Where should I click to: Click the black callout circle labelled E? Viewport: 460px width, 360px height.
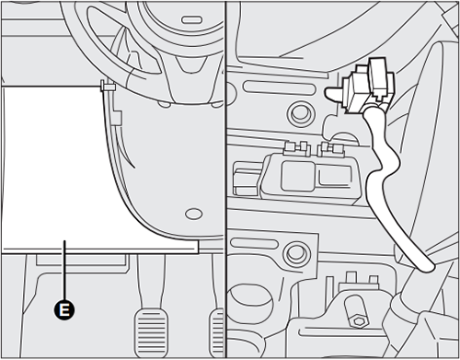64,309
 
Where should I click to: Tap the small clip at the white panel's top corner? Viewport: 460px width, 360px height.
107,89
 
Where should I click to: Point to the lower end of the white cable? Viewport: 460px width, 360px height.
425,267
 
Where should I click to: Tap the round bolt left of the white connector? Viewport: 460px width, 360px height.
297,114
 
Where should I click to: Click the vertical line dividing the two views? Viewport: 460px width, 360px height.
225,184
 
